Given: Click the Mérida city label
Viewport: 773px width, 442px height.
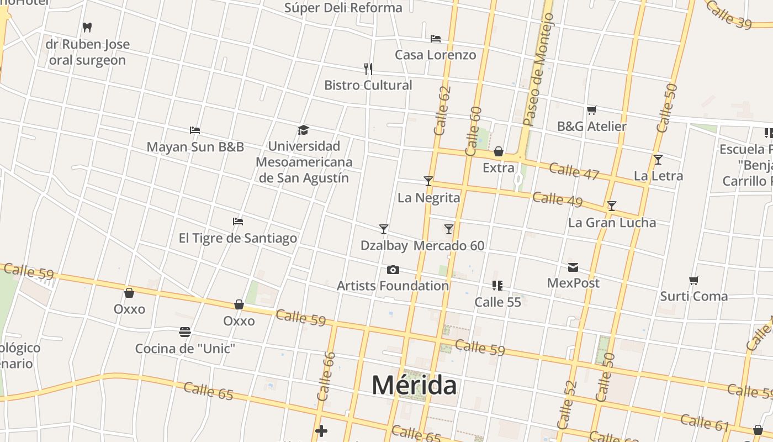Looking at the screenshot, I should point(414,385).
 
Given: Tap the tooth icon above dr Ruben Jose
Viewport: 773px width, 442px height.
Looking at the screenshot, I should point(87,27).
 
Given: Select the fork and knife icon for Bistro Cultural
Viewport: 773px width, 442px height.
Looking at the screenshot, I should point(368,69).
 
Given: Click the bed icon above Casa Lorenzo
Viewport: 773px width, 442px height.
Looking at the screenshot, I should point(436,39).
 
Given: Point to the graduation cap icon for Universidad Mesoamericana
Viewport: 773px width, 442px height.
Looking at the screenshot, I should point(303,130).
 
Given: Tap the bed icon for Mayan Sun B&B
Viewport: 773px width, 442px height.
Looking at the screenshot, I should point(194,130).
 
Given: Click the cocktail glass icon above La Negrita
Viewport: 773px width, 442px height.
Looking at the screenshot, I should point(428,181).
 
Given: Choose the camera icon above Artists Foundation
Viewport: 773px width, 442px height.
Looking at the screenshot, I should point(393,270).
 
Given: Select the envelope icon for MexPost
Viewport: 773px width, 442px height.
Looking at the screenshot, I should point(573,267).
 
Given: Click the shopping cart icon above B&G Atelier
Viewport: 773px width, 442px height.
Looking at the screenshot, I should point(591,110).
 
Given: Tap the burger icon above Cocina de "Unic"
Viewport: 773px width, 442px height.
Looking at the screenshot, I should point(185,332).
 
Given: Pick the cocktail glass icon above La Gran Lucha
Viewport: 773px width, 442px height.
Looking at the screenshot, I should point(611,206).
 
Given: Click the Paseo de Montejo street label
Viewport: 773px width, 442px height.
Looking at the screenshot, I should point(537,69).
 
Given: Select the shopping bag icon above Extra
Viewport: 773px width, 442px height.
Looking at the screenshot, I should point(499,151).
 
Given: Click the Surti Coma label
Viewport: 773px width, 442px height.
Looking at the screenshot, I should point(694,296).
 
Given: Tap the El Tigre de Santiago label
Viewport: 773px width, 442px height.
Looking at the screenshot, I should point(237,238).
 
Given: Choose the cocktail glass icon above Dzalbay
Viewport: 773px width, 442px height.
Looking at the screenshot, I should point(384,229).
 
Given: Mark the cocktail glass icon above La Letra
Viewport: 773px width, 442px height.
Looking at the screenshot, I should point(658,160).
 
